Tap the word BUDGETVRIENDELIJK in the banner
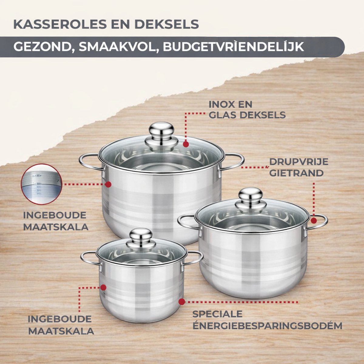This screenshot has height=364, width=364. tap(234, 46)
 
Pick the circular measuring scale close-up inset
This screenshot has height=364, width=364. tap(41, 184)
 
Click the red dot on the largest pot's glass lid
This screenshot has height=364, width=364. tap(186, 144)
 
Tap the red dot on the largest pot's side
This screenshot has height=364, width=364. tap(108, 184)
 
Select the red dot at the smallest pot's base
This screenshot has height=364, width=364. tap(182, 302)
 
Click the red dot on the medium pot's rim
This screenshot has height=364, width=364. tap(314, 221)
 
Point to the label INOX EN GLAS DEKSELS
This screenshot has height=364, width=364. tap(247, 110)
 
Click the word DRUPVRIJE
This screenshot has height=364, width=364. tap(299, 162)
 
